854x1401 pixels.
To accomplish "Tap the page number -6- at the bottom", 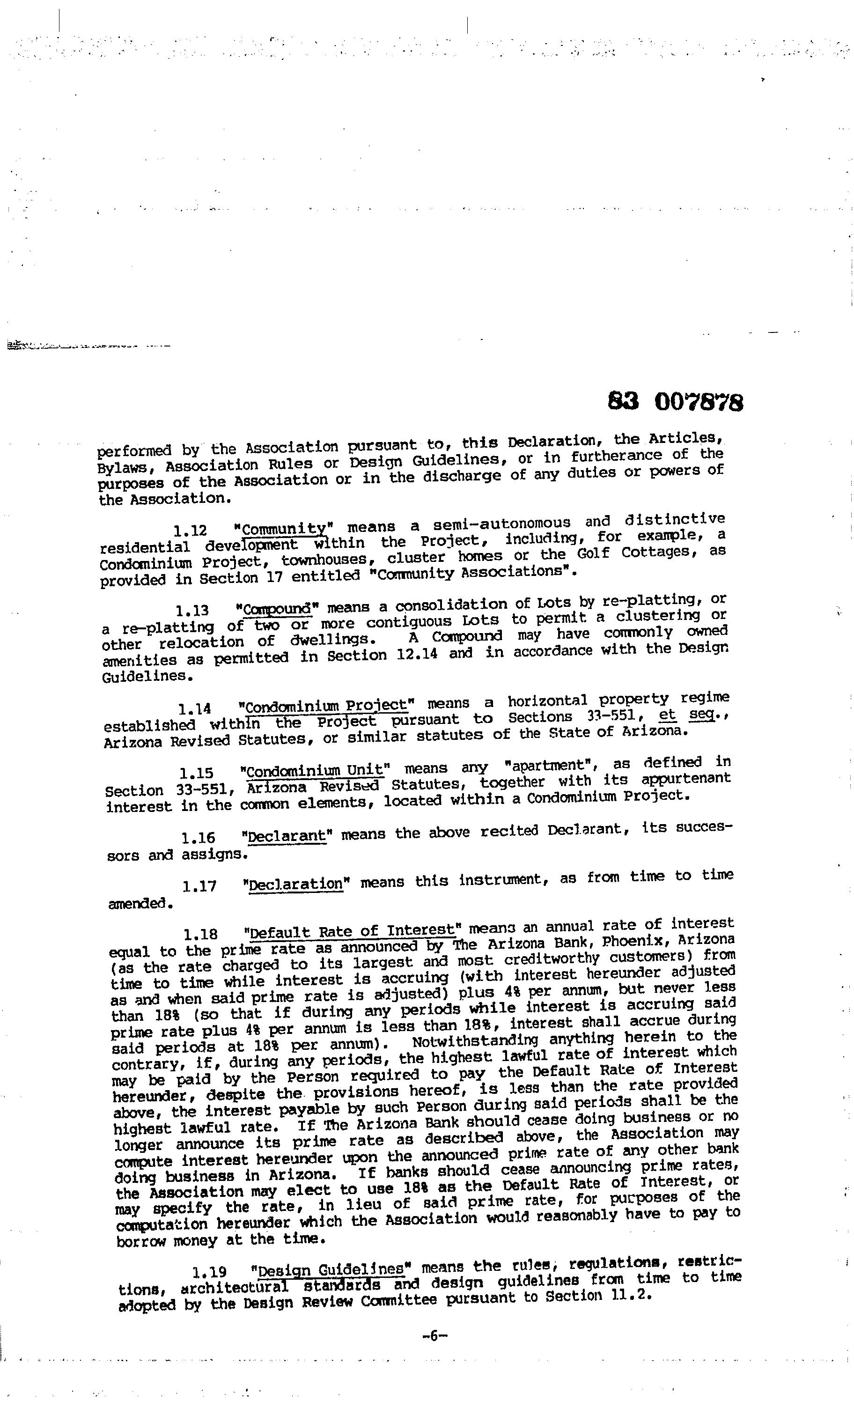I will click(x=435, y=1336).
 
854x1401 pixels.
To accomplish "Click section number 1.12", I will click(x=190, y=531).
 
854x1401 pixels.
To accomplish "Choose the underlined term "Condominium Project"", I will click(x=326, y=706).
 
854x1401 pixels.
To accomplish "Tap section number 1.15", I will click(x=196, y=773).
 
